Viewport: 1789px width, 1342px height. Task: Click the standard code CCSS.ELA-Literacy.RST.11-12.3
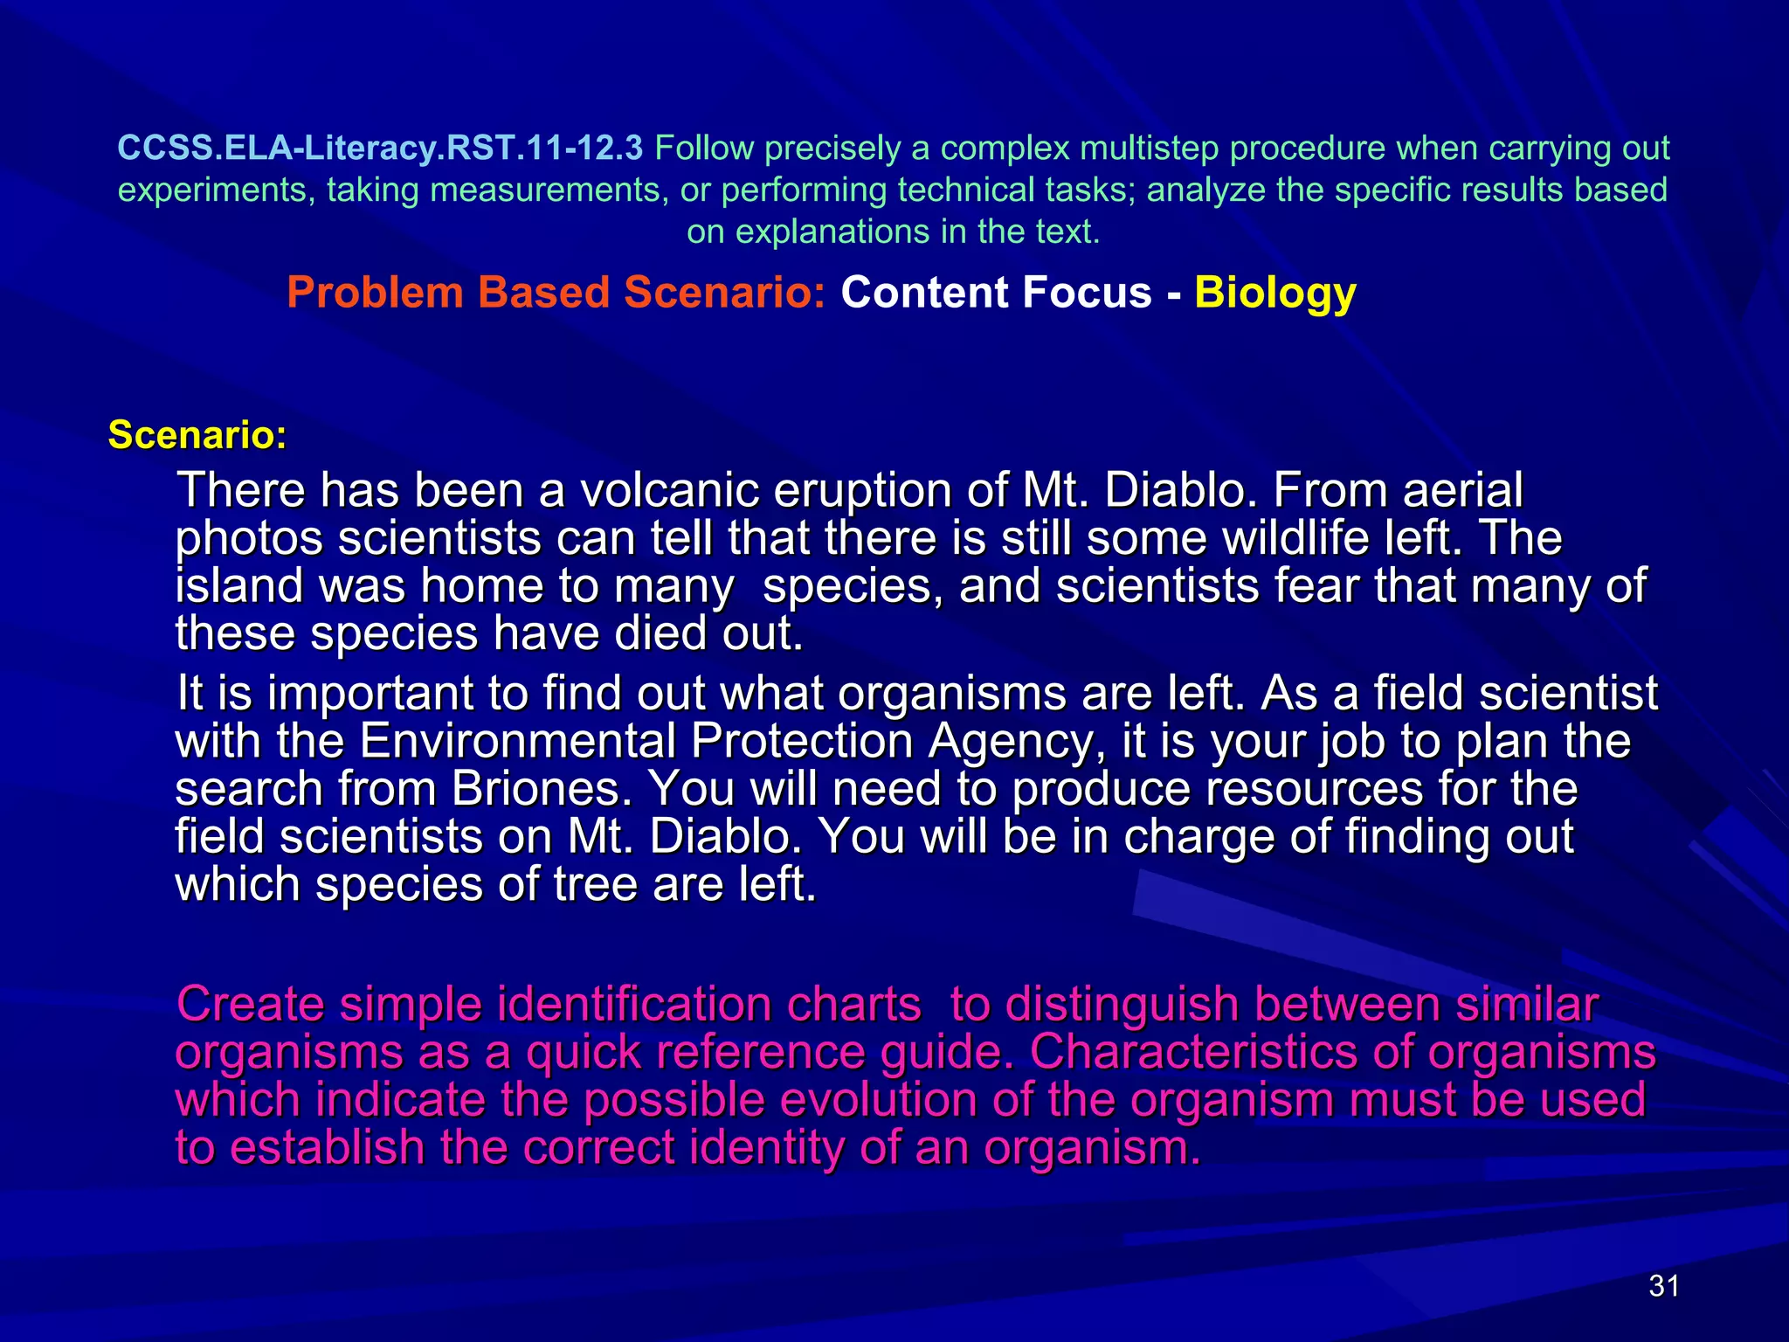coord(380,149)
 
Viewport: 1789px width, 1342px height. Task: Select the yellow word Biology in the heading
coord(1274,293)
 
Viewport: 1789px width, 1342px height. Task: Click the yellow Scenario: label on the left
coord(197,435)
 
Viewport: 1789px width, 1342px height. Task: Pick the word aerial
coord(1462,490)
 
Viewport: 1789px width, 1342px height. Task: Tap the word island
coord(238,585)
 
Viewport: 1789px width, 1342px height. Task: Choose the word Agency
coord(1010,742)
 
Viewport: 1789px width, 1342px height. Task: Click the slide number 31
coord(1663,1286)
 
